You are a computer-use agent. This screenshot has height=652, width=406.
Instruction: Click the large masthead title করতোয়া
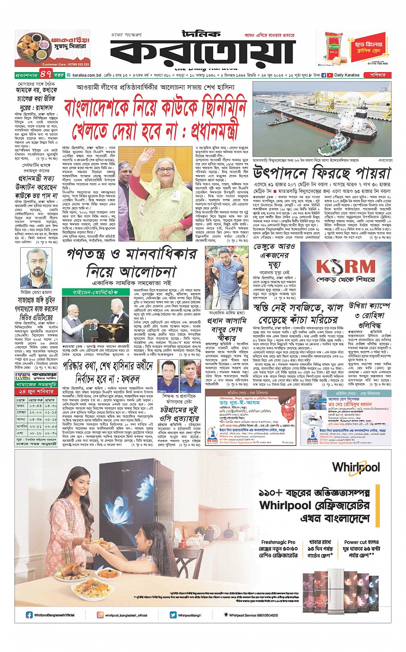click(x=202, y=51)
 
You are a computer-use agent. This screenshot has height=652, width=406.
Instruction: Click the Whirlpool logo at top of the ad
click(x=356, y=467)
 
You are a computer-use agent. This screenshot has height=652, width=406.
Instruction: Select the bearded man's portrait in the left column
click(x=37, y=266)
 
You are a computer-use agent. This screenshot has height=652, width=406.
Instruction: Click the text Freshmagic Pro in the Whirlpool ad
click(x=278, y=542)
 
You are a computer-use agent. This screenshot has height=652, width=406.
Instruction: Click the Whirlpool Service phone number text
click(x=253, y=615)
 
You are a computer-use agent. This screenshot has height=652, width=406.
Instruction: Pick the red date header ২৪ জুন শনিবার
click(x=36, y=391)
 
